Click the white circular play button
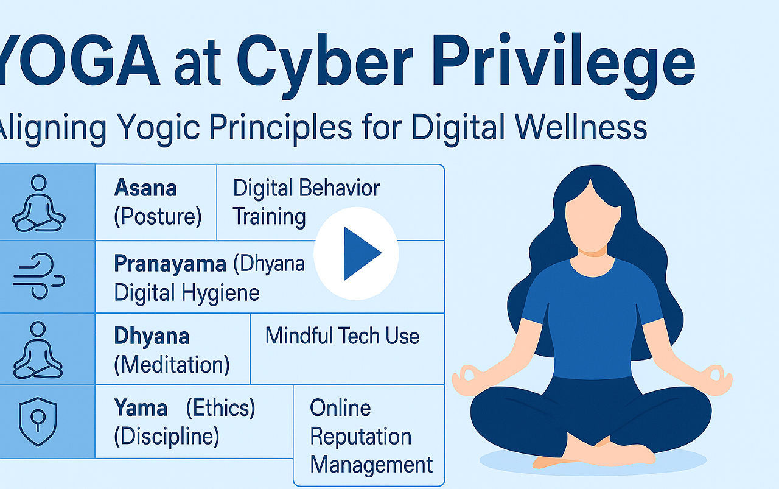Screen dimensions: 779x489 (356, 253)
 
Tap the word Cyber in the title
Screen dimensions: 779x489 (325, 65)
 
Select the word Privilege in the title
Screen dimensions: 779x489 (564, 65)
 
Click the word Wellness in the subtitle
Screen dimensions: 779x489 (581, 127)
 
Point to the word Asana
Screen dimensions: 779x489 (145, 188)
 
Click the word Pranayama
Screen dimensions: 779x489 (170, 264)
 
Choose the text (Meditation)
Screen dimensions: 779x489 (172, 365)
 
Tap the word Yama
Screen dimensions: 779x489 (141, 408)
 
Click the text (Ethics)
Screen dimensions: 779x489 (220, 408)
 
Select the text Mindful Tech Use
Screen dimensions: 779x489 (342, 336)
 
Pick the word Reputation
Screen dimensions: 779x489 (361, 437)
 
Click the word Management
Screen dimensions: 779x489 (371, 465)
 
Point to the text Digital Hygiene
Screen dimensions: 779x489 (187, 293)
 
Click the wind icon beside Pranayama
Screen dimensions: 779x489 (38, 276)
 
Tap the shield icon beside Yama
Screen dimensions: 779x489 (38, 421)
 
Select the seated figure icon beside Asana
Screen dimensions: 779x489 (38, 203)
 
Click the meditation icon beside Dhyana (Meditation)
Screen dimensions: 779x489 (38, 350)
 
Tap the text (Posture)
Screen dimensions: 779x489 (158, 217)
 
